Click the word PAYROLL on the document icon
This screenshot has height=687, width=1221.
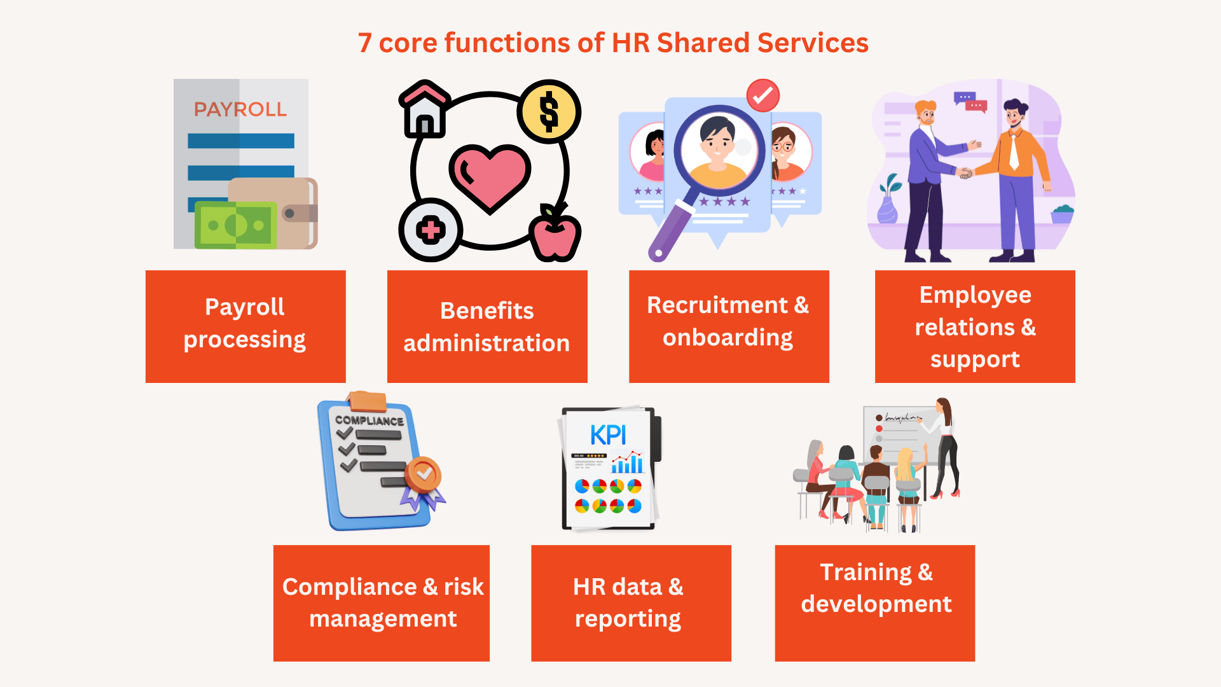240,109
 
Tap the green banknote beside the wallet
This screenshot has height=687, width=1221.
236,225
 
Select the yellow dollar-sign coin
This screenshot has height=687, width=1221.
549,111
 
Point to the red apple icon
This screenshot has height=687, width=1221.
556,233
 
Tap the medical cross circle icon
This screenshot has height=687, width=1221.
431,230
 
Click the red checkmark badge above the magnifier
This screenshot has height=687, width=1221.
762,95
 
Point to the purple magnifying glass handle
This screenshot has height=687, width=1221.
671,231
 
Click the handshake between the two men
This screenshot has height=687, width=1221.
965,172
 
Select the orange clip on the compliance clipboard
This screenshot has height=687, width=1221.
368,402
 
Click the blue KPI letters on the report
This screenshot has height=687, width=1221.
608,435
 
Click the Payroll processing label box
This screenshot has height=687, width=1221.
245,326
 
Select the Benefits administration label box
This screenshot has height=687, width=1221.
487,326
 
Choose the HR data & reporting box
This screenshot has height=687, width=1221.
631,603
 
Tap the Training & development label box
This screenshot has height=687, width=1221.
874,603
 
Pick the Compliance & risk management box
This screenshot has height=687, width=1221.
382,603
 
